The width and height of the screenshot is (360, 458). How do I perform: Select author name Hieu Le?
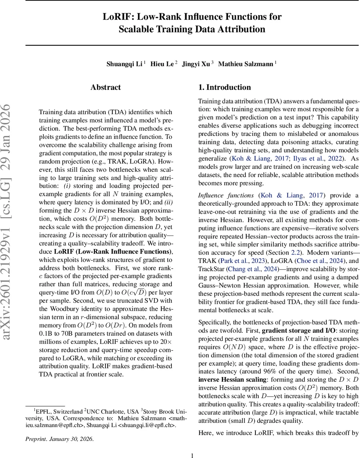[162, 64]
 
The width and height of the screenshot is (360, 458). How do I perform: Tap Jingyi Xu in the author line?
[196, 64]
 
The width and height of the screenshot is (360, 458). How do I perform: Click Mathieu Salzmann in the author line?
[245, 64]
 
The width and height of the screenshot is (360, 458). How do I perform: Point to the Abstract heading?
[106, 87]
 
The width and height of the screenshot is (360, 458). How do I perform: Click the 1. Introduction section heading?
[224, 87]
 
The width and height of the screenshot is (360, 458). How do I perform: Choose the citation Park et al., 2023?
[238, 261]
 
